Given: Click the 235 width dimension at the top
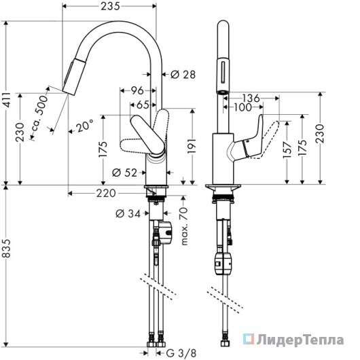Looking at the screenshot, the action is point(111,6).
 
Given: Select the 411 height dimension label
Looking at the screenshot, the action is point(7,100).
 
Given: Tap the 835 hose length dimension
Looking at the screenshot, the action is point(7,248).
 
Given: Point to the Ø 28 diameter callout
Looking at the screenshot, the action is point(183,75).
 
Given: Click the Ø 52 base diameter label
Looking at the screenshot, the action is point(124,173).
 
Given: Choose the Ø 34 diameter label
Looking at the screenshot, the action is point(128,214).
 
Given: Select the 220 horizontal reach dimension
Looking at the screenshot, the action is point(106,194).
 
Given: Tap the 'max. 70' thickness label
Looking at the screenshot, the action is point(184,226).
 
